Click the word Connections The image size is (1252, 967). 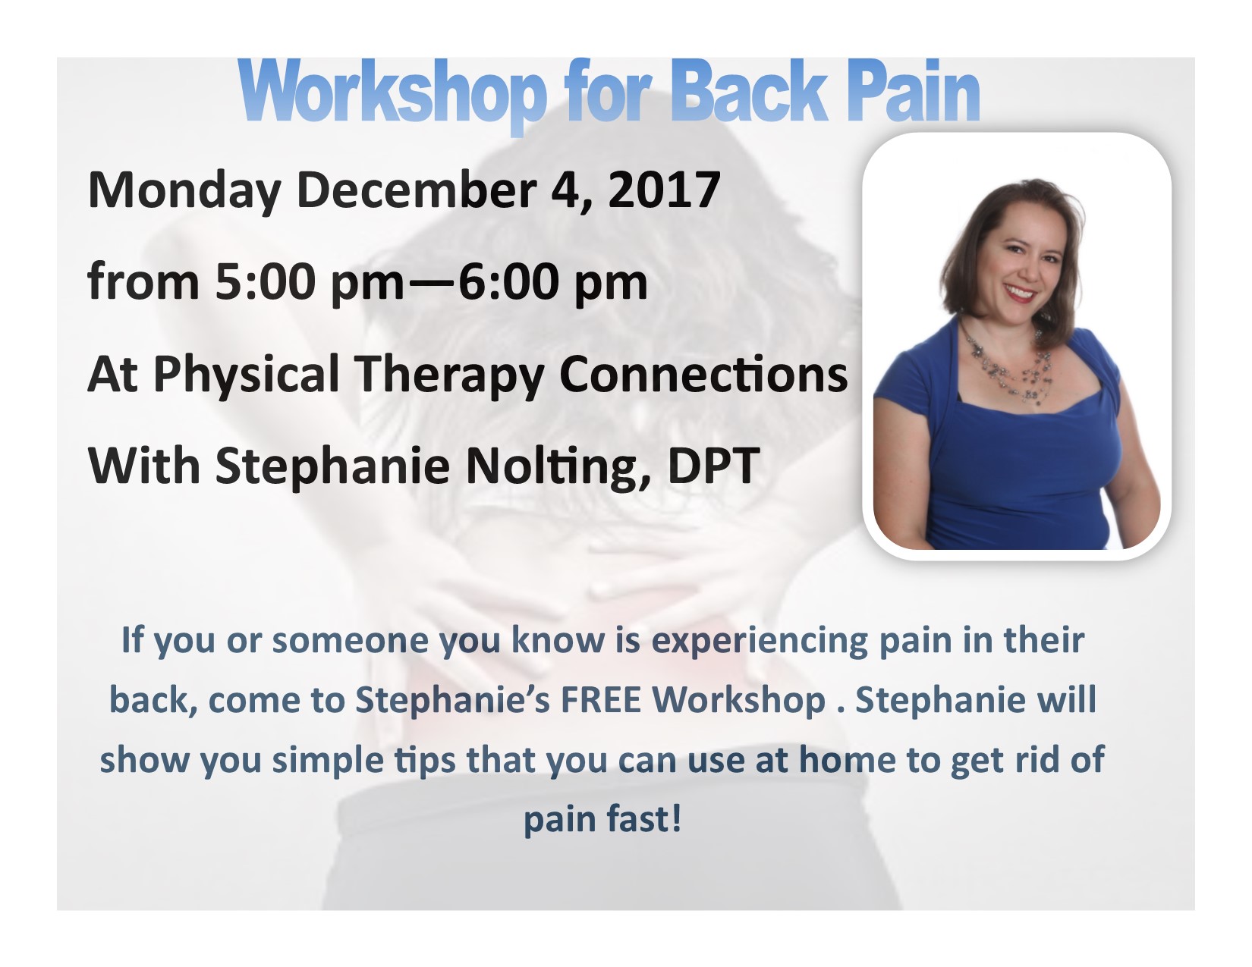pos(703,374)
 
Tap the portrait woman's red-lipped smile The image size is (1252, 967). pos(1021,293)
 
